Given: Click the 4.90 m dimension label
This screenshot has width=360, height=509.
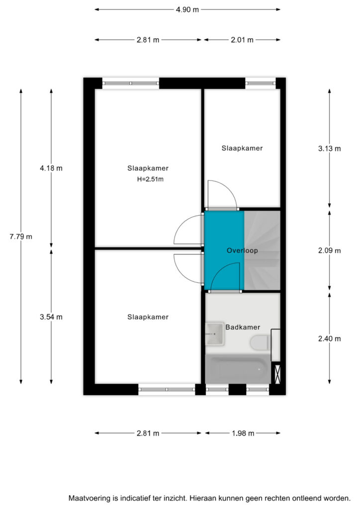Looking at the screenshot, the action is (187, 10).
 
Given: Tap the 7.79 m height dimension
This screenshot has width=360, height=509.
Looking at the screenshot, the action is (21, 237).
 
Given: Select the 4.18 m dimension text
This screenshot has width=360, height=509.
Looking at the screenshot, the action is (51, 168).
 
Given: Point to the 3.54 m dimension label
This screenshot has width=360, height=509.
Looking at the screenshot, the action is (51, 317).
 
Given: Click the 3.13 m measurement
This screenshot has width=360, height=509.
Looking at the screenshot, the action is (330, 149).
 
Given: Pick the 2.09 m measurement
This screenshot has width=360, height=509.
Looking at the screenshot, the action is (330, 251).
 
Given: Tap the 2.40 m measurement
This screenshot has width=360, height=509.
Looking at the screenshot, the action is (330, 339).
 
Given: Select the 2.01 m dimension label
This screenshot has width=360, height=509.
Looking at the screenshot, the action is (242, 40).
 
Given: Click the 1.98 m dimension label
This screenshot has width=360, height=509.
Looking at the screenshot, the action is (243, 433).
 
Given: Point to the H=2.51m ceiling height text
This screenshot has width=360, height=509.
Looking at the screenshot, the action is (150, 179).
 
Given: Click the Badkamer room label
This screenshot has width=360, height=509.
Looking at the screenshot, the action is (243, 327).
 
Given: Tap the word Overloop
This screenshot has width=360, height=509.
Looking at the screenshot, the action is (242, 251).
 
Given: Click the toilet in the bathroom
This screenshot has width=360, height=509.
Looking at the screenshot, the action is (259, 343).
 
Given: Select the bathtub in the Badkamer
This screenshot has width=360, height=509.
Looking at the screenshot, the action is (238, 369).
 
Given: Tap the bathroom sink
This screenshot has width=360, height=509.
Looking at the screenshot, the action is (215, 334).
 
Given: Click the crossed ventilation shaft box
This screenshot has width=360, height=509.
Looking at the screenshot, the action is (277, 374).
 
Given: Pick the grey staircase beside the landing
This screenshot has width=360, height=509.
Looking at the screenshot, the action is (262, 251).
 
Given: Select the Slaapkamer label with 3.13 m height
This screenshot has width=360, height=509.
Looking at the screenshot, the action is (242, 148).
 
